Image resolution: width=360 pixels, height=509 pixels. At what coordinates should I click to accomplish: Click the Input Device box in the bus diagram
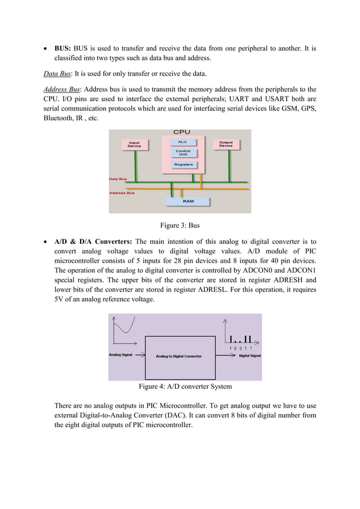[134, 144]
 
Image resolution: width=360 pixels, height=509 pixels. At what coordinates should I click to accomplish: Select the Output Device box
[226, 144]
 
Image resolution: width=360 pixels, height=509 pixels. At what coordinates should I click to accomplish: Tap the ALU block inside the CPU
[182, 142]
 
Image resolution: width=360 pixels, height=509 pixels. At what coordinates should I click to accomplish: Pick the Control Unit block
[183, 152]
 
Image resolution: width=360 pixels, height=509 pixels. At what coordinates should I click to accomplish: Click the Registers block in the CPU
[183, 165]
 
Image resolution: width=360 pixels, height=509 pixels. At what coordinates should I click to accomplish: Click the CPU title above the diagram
[181, 133]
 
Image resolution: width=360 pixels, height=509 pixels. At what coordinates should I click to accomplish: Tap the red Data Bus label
[118, 179]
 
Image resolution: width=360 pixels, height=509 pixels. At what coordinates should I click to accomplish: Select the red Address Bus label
[121, 192]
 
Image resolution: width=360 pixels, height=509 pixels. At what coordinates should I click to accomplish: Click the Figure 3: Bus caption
[180, 226]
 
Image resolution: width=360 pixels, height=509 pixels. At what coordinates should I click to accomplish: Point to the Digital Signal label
[249, 356]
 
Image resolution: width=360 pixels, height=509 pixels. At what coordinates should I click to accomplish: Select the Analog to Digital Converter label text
[179, 356]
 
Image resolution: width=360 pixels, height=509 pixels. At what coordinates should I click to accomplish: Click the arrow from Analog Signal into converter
[140, 356]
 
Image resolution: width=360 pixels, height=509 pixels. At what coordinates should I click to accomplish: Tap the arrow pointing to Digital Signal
[225, 356]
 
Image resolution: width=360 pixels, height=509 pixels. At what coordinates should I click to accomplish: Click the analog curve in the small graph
[124, 327]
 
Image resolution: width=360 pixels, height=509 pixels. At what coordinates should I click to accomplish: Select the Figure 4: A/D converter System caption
[185, 387]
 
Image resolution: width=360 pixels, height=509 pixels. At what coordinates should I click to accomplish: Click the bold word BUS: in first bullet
[62, 49]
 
